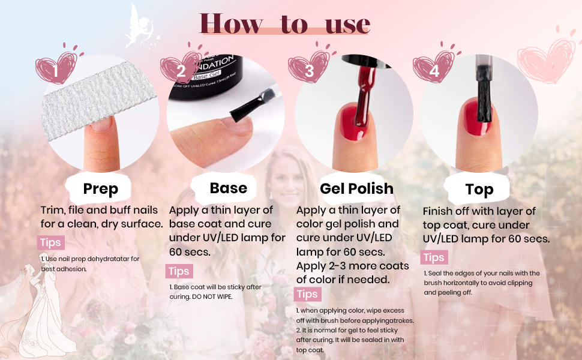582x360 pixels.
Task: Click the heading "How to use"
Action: click(284, 24)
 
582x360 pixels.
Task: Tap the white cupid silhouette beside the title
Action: click(141, 28)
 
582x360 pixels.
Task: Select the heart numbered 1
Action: click(56, 67)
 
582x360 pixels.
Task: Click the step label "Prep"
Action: click(101, 188)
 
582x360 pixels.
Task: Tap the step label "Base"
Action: click(228, 188)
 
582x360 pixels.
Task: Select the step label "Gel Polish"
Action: click(356, 188)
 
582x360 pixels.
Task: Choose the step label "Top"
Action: click(479, 189)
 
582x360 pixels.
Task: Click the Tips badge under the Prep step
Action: click(51, 243)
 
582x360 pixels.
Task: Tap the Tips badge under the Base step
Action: click(179, 271)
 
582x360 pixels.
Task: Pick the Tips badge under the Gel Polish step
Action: click(307, 295)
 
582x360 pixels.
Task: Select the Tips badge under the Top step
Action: click(434, 257)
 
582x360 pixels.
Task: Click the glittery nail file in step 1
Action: click(98, 100)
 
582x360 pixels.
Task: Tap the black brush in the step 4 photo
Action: click(484, 94)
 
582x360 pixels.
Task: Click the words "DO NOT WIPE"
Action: click(212, 297)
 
